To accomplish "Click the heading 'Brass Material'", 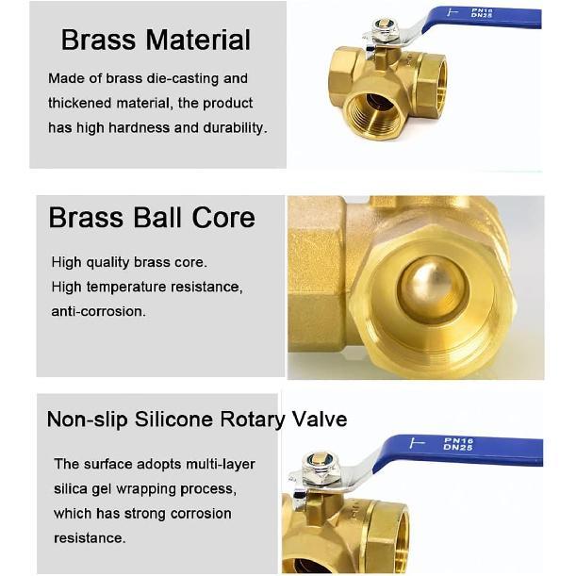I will [x=156, y=40].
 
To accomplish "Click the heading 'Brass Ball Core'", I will [x=152, y=218].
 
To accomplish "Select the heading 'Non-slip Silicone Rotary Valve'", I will [x=197, y=420].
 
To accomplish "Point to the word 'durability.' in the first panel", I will [x=235, y=127].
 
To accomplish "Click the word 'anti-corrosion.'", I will [x=99, y=311].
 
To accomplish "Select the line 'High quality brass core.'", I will [x=129, y=262].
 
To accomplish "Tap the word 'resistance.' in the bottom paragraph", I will [x=90, y=537].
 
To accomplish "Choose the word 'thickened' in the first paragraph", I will [x=79, y=103].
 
